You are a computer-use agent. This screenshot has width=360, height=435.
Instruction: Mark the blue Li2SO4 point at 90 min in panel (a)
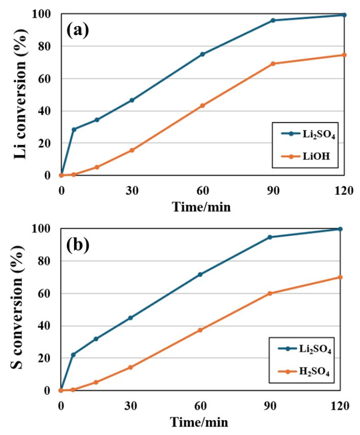tap(273, 21)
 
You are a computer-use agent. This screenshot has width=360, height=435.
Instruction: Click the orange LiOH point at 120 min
tap(344, 55)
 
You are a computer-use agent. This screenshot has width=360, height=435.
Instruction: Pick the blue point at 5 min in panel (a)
tap(74, 129)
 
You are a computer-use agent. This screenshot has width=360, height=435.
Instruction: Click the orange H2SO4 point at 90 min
tap(270, 293)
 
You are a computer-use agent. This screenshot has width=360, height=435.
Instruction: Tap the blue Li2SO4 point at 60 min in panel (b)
tap(200, 275)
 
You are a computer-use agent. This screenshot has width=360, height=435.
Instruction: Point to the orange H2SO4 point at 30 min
tap(130, 367)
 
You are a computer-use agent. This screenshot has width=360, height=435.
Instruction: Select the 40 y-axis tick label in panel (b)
tap(50, 326)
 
